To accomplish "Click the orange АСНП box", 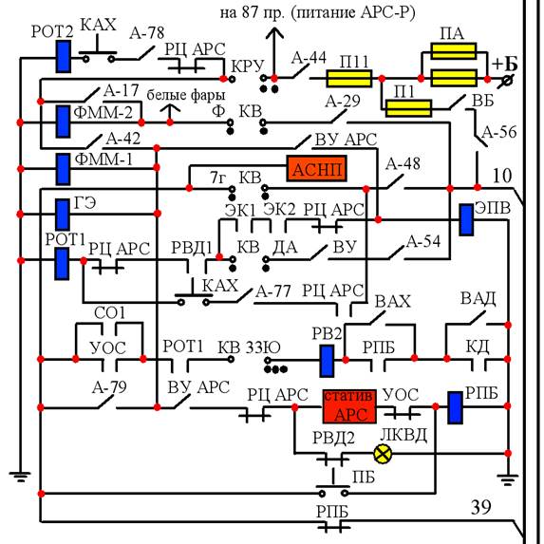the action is [x=316, y=169].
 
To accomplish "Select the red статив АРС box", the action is [x=349, y=406].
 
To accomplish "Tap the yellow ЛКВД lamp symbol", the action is [x=383, y=454].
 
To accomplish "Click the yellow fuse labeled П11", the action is [x=348, y=79].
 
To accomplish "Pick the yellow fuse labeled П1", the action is [x=408, y=108].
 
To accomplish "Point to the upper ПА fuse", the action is [x=454, y=51].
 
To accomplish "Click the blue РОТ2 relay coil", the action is [x=64, y=57].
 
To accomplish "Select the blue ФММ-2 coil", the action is [x=63, y=122].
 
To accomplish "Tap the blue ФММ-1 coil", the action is [x=63, y=169].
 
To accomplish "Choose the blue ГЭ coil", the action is [x=63, y=215].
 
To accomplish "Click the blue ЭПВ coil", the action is [x=466, y=220].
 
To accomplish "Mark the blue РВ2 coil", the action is [x=327, y=361].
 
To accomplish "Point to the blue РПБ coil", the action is [x=455, y=407].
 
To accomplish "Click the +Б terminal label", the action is [x=505, y=64].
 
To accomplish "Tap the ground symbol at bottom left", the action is [x=20, y=477].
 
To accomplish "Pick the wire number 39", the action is [x=480, y=507].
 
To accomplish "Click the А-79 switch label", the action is [x=109, y=386].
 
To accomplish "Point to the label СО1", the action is [x=109, y=313].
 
